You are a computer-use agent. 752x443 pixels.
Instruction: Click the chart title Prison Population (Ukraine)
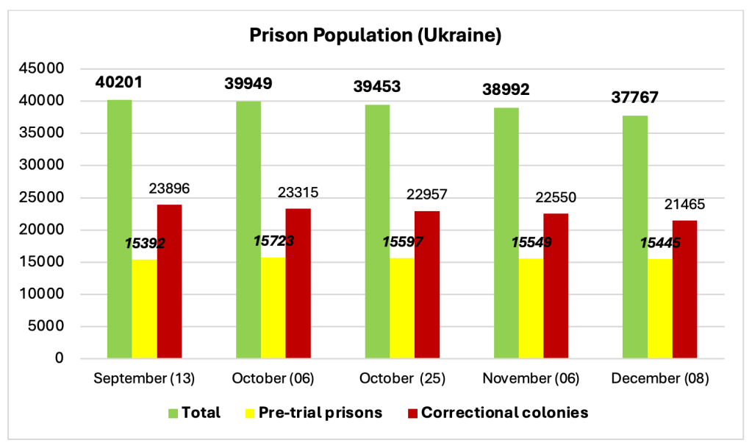[375, 35]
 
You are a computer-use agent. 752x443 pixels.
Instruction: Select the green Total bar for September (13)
[119, 229]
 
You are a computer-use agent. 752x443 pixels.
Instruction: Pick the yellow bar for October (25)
[401, 308]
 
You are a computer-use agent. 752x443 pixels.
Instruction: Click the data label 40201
[119, 82]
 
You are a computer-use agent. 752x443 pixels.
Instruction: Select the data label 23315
[298, 193]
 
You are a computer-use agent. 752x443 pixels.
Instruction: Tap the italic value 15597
[403, 241]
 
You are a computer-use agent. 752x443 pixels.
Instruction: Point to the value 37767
[636, 98]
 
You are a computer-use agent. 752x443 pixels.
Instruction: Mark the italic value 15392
[144, 243]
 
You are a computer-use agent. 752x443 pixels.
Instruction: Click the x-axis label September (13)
[144, 379]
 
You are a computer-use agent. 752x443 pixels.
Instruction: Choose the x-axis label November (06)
[531, 379]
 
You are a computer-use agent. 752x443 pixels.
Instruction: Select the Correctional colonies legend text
[505, 413]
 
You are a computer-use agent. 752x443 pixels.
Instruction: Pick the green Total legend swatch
[173, 413]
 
